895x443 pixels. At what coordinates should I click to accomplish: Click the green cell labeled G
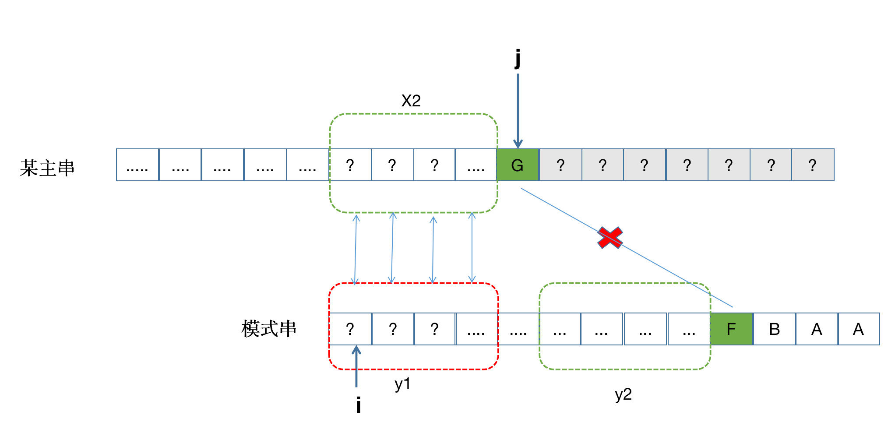pyautogui.click(x=518, y=165)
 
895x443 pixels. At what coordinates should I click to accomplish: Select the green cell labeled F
pyautogui.click(x=731, y=329)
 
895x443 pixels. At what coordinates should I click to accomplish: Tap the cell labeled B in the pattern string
pyautogui.click(x=774, y=329)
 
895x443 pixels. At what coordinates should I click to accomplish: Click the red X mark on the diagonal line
pyautogui.click(x=610, y=238)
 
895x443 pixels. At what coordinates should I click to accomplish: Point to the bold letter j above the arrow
pyautogui.click(x=518, y=58)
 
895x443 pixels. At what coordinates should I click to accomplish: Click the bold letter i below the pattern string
pyautogui.click(x=358, y=405)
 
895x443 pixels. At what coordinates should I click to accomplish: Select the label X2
pyautogui.click(x=411, y=101)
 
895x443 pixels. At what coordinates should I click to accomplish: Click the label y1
pyautogui.click(x=402, y=384)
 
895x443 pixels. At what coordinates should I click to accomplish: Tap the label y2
pyautogui.click(x=623, y=394)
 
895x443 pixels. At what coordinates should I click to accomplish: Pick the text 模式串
pyautogui.click(x=269, y=329)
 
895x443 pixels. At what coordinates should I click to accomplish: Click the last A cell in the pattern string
pyautogui.click(x=858, y=329)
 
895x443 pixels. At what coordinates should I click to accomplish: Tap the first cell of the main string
pyautogui.click(x=137, y=165)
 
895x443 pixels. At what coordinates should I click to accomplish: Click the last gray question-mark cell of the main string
pyautogui.click(x=813, y=165)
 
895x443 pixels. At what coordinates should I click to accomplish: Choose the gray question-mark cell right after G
pyautogui.click(x=560, y=165)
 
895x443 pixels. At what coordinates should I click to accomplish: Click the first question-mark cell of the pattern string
pyautogui.click(x=350, y=329)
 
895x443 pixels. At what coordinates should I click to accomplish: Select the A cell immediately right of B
pyautogui.click(x=817, y=329)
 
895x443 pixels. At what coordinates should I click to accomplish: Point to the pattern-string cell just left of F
pyautogui.click(x=689, y=329)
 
